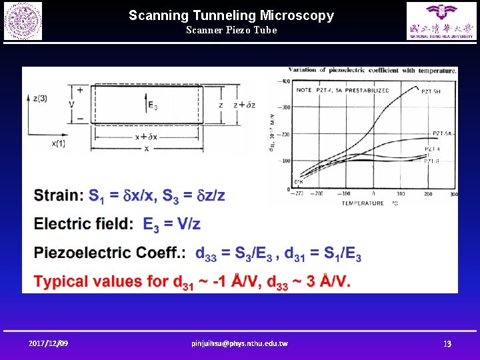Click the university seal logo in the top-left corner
(x=23, y=21)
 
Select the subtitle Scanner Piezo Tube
(x=231, y=30)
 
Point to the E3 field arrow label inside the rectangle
(x=153, y=104)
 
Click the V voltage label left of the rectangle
(x=71, y=104)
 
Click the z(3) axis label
(x=39, y=97)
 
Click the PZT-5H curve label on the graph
(x=431, y=91)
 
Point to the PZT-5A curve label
(x=443, y=133)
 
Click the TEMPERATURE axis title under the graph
(x=364, y=203)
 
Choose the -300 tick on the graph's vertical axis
(x=285, y=107)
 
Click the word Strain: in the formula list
(x=59, y=195)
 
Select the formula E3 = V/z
(x=172, y=224)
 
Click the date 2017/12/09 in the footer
(x=48, y=343)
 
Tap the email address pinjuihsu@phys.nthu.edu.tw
(x=239, y=343)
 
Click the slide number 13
(x=448, y=343)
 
